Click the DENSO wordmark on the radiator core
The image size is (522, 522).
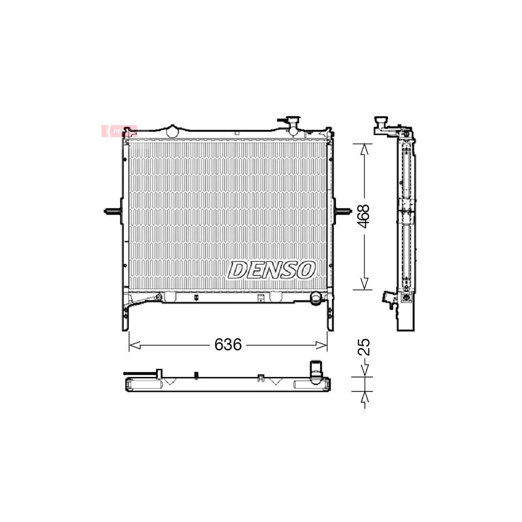[272, 269]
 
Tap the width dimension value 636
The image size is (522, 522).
[227, 345]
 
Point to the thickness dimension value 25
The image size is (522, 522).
[364, 347]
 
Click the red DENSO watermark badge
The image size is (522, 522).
[119, 131]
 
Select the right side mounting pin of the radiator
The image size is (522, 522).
[343, 211]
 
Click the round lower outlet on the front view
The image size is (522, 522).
[316, 299]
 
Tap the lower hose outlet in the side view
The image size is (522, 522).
[386, 298]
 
